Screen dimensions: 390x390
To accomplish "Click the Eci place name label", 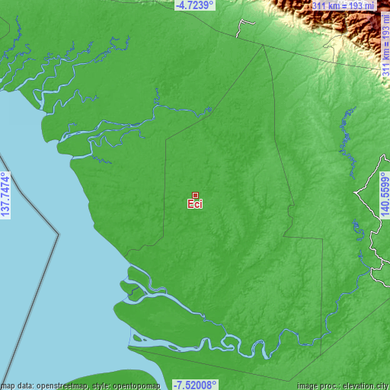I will pos(195,204).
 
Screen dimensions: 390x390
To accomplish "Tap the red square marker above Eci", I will pos(196,195).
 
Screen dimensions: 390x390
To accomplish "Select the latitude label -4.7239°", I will pos(195,5).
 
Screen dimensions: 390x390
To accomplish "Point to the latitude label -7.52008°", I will pos(195,385).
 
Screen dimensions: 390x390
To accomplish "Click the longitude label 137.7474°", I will pos(6,194).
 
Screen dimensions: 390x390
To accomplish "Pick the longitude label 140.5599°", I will pos(384,194).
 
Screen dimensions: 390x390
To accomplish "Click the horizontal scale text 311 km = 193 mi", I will pos(343,6).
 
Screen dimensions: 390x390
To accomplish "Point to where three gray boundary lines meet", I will pos(264,44).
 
